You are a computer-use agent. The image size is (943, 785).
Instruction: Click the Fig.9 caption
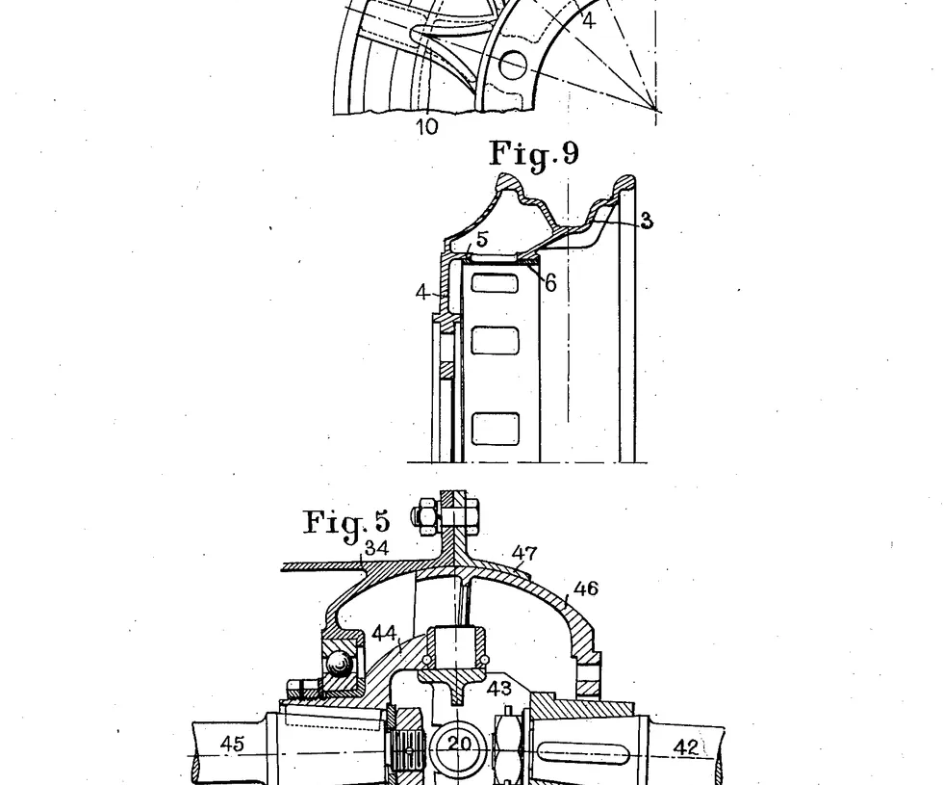point(534,154)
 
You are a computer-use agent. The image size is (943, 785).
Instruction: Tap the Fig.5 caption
point(347,522)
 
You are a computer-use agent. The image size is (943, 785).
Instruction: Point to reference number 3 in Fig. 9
point(647,222)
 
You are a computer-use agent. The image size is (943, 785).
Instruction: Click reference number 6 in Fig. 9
point(549,282)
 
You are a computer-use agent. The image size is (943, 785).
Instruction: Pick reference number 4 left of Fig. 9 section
point(422,292)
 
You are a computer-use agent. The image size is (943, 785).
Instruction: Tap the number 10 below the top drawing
point(427,126)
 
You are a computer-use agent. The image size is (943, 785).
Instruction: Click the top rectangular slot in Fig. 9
point(497,283)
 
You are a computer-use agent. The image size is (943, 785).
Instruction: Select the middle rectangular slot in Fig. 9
point(497,340)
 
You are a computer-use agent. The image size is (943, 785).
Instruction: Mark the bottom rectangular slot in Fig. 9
point(497,427)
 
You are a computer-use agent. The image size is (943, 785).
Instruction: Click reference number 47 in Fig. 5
point(524,554)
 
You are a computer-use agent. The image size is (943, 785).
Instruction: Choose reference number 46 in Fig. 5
point(585,589)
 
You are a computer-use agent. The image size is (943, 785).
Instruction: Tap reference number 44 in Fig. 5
point(385,634)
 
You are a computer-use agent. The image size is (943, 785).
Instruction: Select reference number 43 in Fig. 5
point(498,690)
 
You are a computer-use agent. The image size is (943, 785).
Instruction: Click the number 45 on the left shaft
point(232,744)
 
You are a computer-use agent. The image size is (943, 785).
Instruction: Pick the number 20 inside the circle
point(459,744)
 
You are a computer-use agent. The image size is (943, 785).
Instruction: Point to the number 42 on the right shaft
point(686,746)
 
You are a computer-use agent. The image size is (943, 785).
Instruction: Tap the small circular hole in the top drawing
point(513,65)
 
